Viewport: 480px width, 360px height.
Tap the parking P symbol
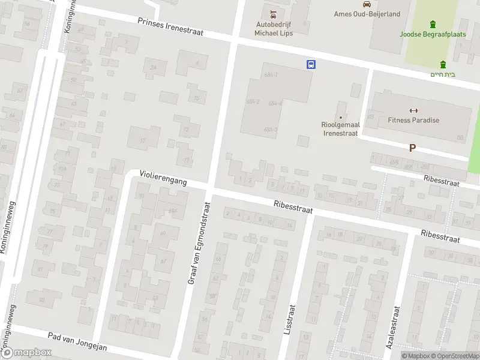[x=412, y=148]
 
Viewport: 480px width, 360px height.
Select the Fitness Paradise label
[x=413, y=120]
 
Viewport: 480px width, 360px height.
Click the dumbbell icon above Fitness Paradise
[x=413, y=110]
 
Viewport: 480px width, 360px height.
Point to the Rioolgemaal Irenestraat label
[x=341, y=129]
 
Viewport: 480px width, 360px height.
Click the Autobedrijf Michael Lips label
[x=274, y=28]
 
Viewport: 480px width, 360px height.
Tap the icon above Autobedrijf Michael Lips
[x=274, y=13]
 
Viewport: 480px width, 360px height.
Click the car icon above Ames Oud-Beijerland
[x=358, y=3]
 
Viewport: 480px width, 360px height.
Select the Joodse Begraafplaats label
[x=433, y=34]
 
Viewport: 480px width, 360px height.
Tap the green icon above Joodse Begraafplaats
[x=433, y=24]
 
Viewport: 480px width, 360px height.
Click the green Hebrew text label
[x=443, y=74]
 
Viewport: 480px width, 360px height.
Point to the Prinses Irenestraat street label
[x=170, y=28]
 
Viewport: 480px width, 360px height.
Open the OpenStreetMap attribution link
[x=456, y=356]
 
